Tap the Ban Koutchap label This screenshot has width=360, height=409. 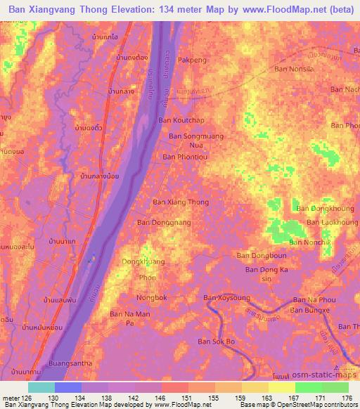click(x=181, y=120)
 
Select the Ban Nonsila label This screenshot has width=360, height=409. click(x=293, y=69)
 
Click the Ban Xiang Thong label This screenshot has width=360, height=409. click(x=181, y=202)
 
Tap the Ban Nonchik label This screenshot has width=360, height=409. click(x=310, y=242)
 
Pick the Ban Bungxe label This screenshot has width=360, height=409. click(x=310, y=310)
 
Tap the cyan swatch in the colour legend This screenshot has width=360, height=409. click(x=41, y=387)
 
